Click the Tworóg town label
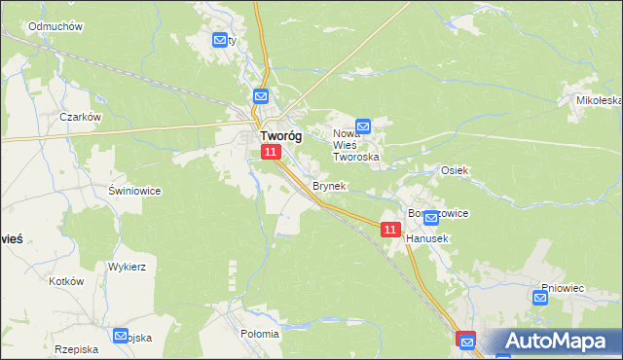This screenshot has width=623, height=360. (279, 137)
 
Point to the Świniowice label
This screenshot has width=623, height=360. (134, 191)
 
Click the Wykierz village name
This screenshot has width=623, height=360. (127, 266)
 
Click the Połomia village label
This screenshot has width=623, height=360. (259, 333)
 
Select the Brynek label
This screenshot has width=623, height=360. (328, 186)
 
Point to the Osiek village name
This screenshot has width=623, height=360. (456, 170)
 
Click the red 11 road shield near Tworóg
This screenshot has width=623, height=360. (272, 152)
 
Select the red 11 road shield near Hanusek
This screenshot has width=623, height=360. (390, 230)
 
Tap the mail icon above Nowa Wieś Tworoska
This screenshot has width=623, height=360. (363, 126)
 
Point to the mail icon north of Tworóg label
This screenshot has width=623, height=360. (261, 96)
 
